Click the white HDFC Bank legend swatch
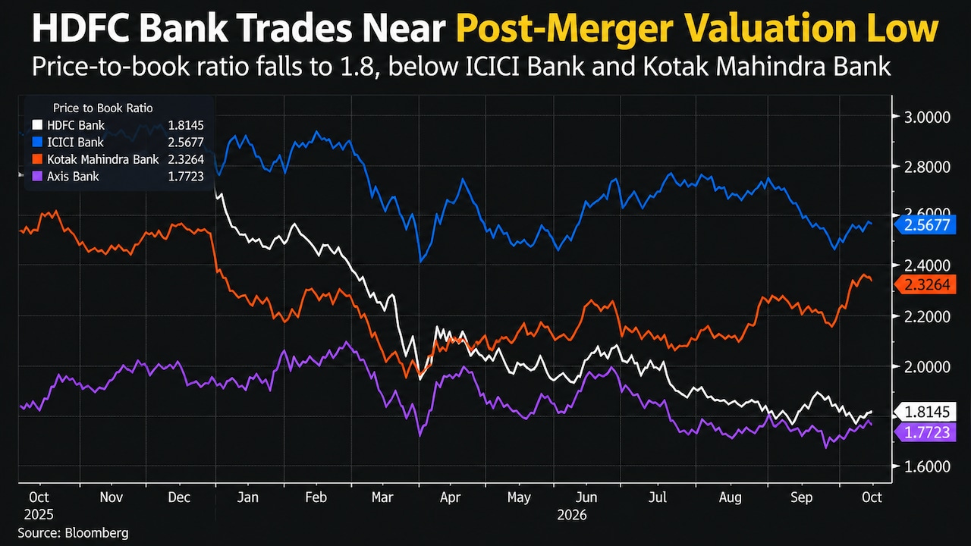[x=37, y=125]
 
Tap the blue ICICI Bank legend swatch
[x=37, y=142]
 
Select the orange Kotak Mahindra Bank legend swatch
[x=37, y=159]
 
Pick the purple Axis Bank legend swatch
[x=37, y=177]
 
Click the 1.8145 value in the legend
[x=186, y=125]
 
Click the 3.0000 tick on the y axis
[x=927, y=117]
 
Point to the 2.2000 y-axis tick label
[x=927, y=317]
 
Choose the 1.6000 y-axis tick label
[x=927, y=466]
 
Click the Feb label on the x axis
[x=316, y=497]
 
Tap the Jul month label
[x=658, y=497]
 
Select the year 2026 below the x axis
[x=572, y=515]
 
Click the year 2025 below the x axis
[x=39, y=515]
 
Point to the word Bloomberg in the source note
[x=96, y=532]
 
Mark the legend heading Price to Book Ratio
[x=102, y=108]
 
